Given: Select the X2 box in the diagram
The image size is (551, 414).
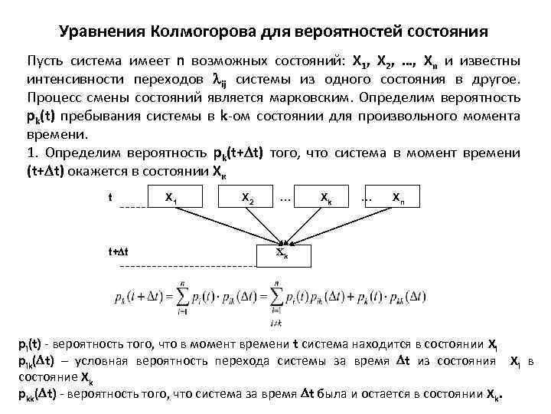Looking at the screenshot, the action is [x=248, y=197].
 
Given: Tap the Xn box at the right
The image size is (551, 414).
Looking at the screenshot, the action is [x=398, y=197].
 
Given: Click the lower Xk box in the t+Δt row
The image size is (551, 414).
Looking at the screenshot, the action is [x=282, y=252].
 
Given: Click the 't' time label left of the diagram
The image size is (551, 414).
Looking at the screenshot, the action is [x=112, y=197].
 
